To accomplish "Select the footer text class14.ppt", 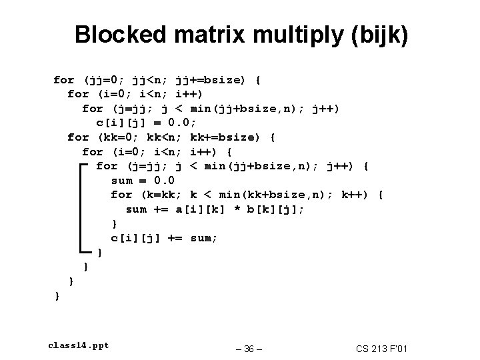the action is pos(79,345).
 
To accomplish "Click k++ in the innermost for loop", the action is pos(353,195).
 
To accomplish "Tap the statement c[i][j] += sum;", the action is pos(165,238).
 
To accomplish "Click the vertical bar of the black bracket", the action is pos(82,209).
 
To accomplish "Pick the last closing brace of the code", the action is pos(57,295).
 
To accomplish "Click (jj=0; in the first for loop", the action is pos(106,80).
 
